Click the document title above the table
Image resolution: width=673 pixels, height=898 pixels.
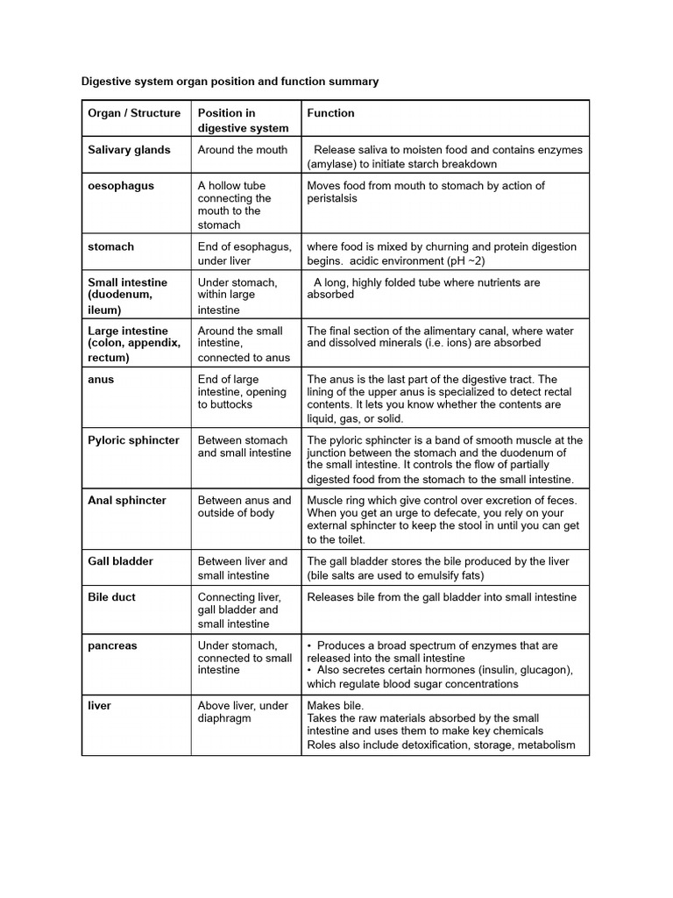(230, 82)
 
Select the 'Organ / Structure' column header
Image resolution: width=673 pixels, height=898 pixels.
(134, 113)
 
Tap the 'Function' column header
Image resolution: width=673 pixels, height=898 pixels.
(330, 113)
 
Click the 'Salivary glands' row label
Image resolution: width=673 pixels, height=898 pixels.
(129, 150)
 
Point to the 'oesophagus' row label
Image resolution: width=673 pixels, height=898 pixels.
(121, 186)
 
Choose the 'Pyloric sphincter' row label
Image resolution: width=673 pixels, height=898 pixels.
(133, 440)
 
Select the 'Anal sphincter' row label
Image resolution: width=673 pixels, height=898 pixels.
(127, 501)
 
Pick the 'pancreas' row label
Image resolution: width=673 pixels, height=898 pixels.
(113, 645)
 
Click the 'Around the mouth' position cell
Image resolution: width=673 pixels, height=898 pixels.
(243, 150)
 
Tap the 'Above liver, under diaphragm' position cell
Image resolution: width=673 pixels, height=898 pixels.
(242, 712)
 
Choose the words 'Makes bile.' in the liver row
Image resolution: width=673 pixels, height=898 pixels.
(335, 706)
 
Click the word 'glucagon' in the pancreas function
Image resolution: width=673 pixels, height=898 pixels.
(545, 670)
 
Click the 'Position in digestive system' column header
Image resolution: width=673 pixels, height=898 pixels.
(242, 120)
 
